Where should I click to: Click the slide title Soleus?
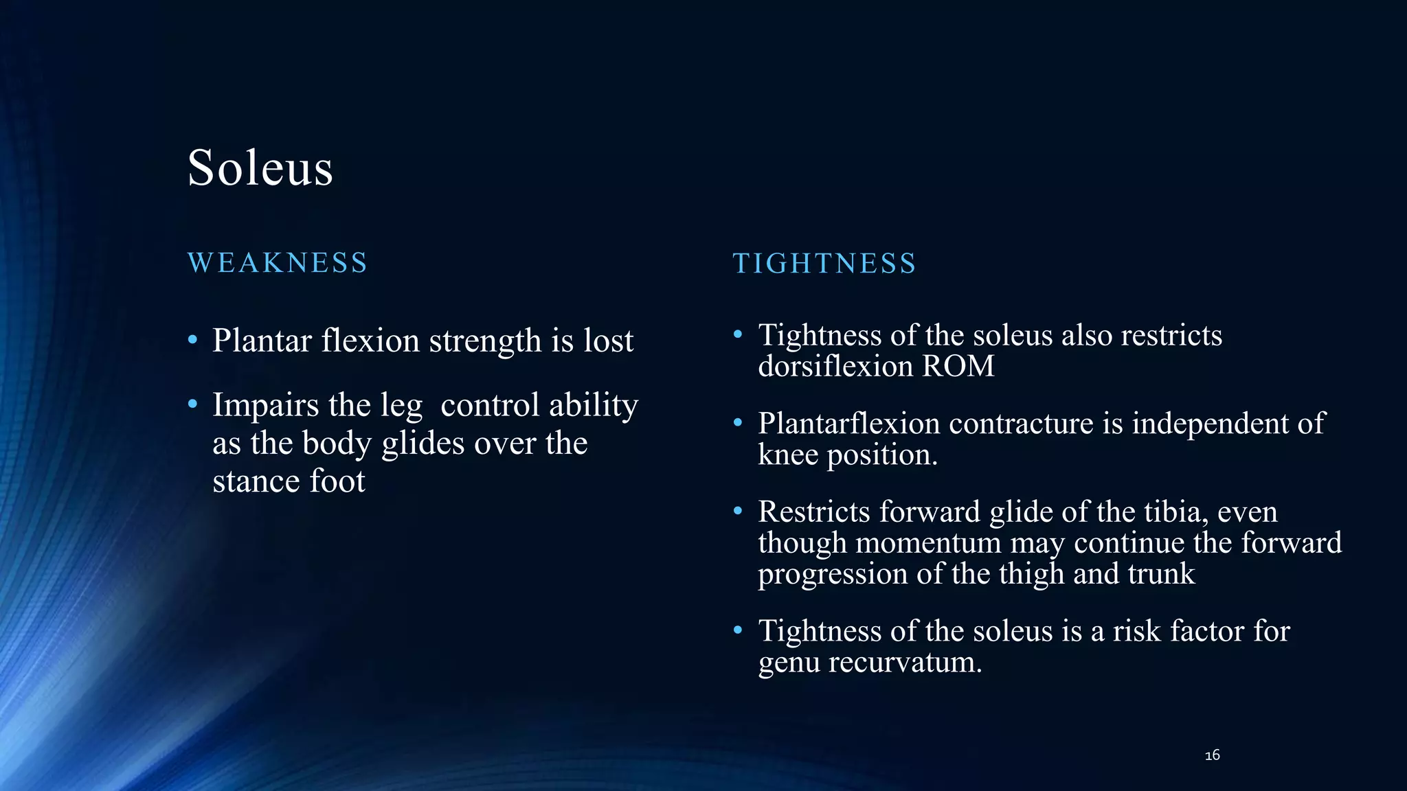[260, 168]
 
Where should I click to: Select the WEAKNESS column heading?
[278, 263]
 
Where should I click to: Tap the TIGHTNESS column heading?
[824, 264]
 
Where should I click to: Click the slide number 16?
[1213, 755]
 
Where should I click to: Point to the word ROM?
[958, 366]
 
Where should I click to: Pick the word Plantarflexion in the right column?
[848, 424]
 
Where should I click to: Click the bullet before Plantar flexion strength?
[193, 340]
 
